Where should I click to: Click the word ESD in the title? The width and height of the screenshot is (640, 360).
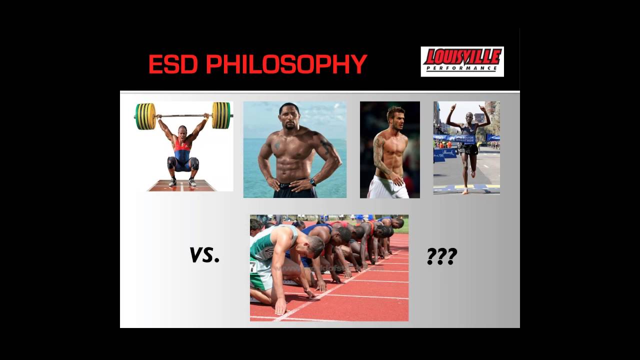tap(174, 64)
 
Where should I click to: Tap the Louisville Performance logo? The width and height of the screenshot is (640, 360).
tap(462, 61)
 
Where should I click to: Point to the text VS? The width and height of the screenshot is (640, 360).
tap(204, 255)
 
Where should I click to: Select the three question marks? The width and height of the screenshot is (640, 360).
tap(441, 256)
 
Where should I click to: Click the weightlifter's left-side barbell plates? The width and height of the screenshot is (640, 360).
tap(145, 116)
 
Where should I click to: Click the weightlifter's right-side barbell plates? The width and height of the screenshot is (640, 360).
tap(221, 115)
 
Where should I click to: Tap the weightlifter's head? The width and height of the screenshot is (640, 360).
tap(182, 131)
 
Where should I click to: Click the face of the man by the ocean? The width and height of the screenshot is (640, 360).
tap(289, 118)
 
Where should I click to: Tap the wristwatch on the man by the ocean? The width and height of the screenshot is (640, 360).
tap(313, 182)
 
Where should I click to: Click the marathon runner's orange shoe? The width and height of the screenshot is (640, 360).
tap(465, 191)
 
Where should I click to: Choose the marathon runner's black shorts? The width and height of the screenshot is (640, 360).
tap(468, 149)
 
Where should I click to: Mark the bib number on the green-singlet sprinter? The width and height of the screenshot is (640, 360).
tap(253, 267)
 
